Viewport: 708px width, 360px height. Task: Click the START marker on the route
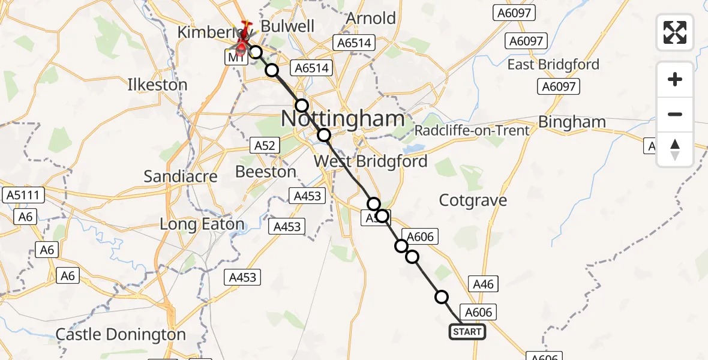(467, 331)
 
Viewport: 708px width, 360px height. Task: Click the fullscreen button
(675, 32)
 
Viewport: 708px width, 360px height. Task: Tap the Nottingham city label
(343, 119)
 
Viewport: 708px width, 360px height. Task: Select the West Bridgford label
(371, 161)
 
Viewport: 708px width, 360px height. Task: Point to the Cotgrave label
(473, 200)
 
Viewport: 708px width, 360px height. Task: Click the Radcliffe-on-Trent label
(472, 131)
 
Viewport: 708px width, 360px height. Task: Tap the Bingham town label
(572, 122)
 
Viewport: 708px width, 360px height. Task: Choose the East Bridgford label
(553, 64)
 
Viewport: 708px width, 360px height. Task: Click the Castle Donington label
(121, 334)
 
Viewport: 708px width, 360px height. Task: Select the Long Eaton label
(202, 224)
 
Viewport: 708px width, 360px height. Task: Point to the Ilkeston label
(157, 85)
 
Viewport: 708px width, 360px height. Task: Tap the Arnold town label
(371, 19)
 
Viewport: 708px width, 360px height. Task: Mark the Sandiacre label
(180, 176)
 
